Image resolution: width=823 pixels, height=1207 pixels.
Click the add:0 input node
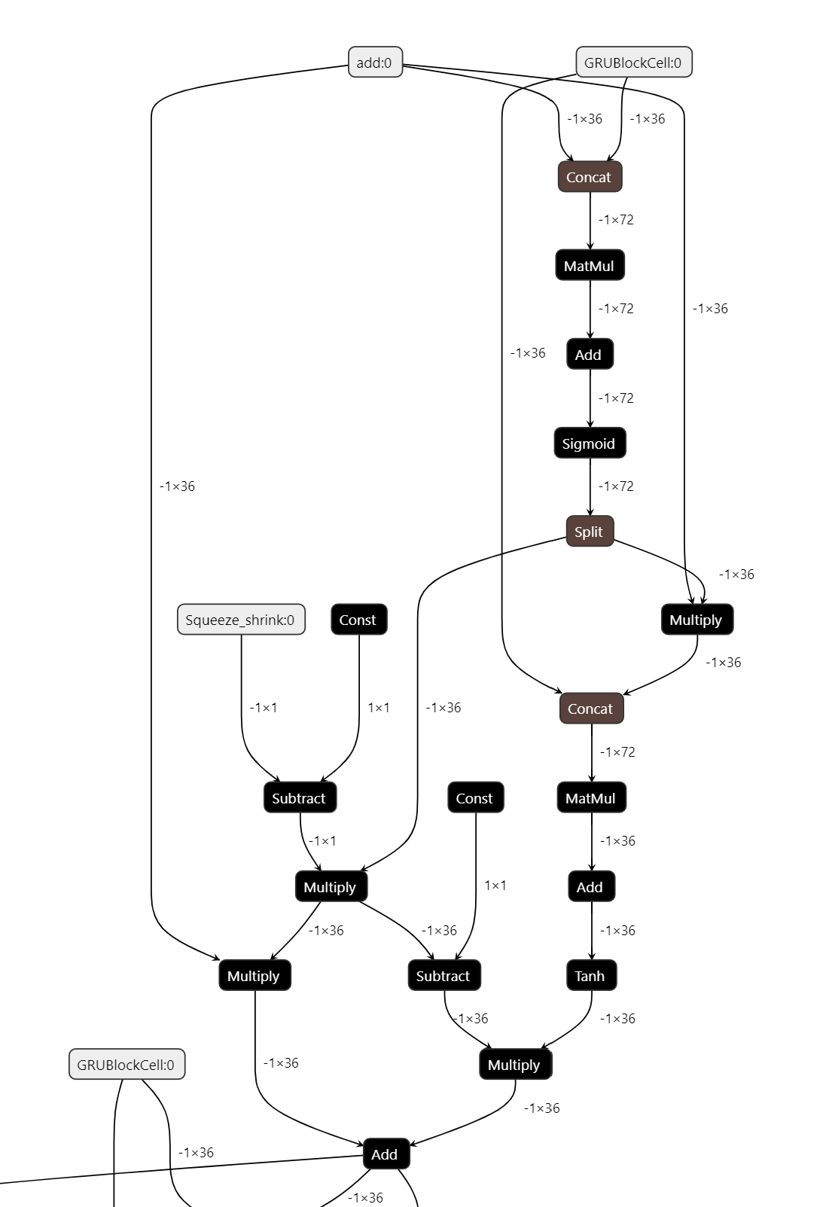point(375,62)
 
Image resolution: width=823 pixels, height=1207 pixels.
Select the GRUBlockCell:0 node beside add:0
point(633,62)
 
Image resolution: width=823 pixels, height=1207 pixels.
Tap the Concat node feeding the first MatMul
point(590,177)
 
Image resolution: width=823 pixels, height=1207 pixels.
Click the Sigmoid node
point(590,443)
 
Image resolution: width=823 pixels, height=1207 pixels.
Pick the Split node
point(590,532)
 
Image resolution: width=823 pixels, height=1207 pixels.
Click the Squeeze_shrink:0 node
point(241,620)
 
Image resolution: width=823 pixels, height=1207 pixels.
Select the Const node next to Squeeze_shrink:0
point(358,620)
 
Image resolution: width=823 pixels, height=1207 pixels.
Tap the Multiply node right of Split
point(697,620)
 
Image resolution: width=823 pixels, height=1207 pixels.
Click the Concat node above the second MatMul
point(591,709)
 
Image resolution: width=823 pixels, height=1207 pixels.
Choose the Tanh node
point(590,976)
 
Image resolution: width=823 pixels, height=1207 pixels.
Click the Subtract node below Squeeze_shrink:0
point(300,798)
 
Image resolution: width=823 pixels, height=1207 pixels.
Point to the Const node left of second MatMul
point(475,798)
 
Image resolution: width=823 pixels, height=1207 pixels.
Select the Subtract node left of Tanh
point(444,976)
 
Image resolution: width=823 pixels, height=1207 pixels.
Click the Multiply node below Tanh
point(515,1065)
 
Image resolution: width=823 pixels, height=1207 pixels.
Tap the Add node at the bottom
point(386,1154)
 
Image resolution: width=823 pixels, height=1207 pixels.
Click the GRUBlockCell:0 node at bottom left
point(126,1065)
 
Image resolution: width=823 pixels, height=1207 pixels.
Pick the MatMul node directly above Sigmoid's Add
point(590,266)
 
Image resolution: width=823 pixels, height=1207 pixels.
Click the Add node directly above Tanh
point(590,887)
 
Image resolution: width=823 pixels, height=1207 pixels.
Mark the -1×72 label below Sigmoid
point(616,486)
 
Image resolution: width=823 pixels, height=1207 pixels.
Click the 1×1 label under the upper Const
point(379,708)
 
